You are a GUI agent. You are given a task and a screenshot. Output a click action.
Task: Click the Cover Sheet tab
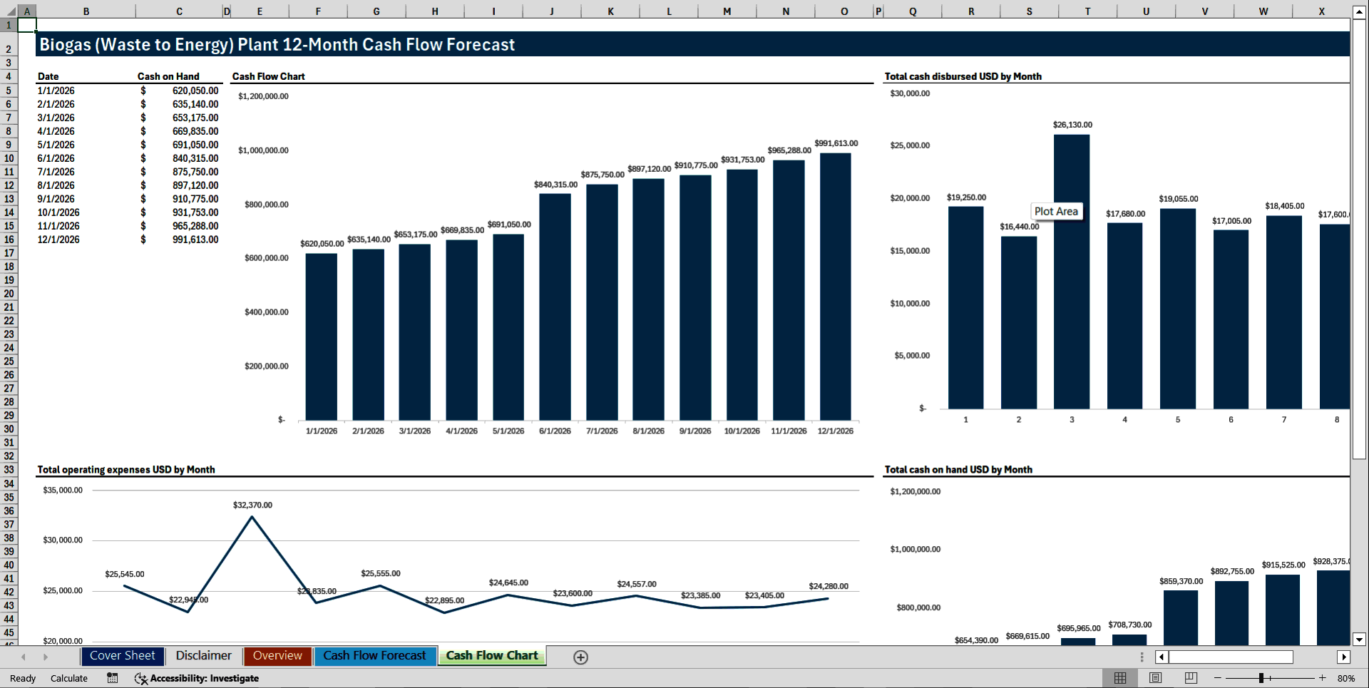point(122,656)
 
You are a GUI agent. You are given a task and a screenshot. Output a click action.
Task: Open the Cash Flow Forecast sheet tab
point(374,656)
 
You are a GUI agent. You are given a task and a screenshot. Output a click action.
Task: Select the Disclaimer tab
point(203,656)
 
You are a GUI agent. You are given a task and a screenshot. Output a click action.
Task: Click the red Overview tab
point(277,656)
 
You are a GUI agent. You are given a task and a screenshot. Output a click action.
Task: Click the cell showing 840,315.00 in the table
point(195,158)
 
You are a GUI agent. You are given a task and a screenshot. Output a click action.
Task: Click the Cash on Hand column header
point(168,76)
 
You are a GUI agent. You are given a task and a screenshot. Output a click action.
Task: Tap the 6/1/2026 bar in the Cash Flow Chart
point(555,307)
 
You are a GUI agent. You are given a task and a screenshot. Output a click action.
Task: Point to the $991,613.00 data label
point(836,143)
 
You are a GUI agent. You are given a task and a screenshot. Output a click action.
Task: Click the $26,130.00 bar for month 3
point(1071,271)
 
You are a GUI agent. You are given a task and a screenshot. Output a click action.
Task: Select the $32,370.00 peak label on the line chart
point(252,505)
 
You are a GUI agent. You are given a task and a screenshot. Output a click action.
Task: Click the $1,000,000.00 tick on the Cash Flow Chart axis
point(263,150)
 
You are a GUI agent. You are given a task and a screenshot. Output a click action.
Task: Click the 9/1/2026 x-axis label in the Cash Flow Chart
point(694,431)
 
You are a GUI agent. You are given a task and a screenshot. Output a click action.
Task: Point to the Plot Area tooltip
point(1056,211)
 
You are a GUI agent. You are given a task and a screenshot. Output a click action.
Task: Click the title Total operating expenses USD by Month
point(125,469)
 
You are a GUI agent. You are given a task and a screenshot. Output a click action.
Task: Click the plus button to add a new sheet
point(580,657)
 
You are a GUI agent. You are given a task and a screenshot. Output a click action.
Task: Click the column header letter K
point(610,11)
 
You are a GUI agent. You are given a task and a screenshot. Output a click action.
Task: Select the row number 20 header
point(9,294)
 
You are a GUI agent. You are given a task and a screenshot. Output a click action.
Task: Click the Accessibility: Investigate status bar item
point(204,678)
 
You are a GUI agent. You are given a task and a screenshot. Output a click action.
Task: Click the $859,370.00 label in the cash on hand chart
point(1181,581)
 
